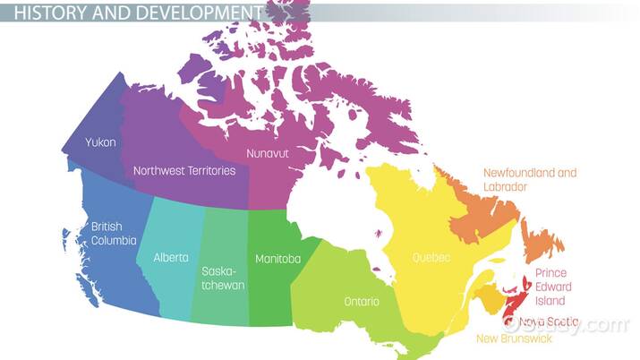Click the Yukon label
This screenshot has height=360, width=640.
(100, 141)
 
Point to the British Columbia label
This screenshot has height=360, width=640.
(114, 233)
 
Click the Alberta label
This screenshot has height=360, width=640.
(171, 257)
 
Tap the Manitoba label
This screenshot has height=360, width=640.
(277, 259)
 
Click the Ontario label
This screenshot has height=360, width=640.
(362, 301)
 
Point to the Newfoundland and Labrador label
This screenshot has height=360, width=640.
(530, 179)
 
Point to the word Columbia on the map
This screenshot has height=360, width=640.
(114, 240)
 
